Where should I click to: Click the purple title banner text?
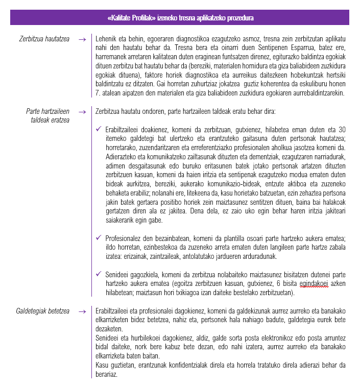pos(181,18)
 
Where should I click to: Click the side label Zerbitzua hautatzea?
pos(44,38)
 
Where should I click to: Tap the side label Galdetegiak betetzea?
pos(43,311)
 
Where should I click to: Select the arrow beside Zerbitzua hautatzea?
pos(82,39)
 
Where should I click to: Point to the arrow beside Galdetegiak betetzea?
pos(82,311)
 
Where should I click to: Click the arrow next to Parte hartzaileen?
pos(82,111)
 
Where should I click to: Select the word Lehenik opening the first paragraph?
pos(107,39)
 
